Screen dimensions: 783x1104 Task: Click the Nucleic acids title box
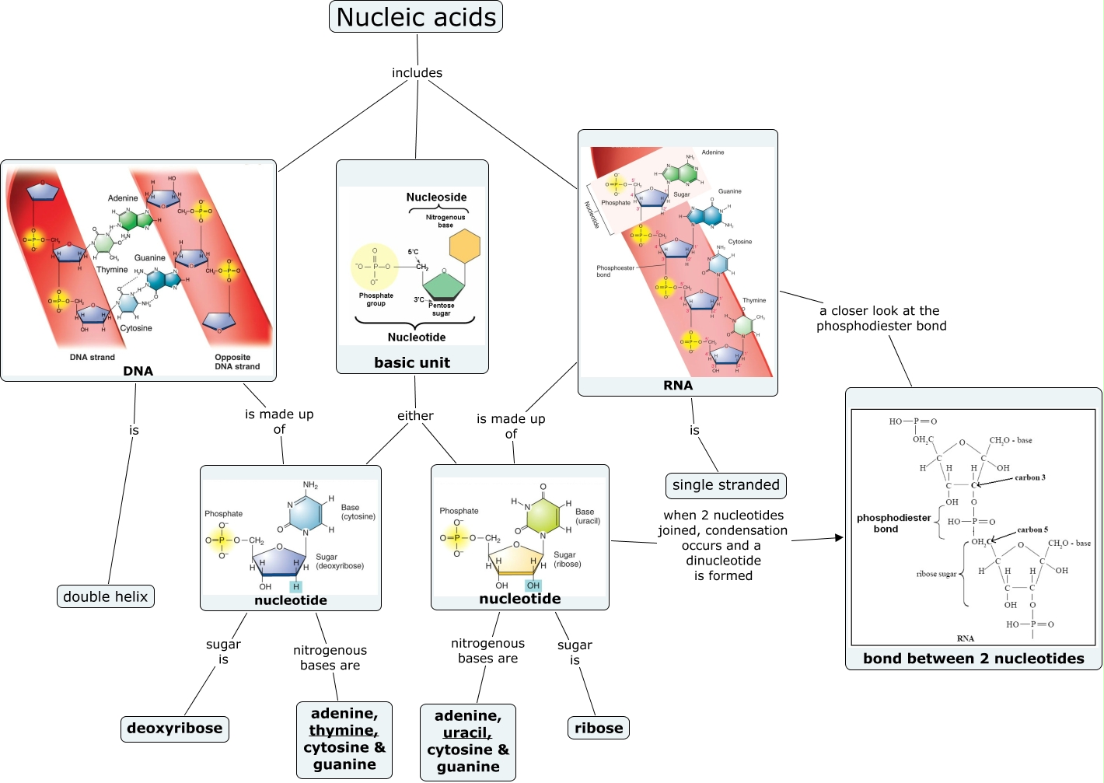(416, 17)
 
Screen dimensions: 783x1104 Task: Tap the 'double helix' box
(106, 596)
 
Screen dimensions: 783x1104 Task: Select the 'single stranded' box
(726, 485)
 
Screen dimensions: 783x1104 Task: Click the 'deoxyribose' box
(175, 729)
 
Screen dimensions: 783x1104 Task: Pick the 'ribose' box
(599, 729)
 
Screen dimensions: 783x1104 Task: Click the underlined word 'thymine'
(342, 731)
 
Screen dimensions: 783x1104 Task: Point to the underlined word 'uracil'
(466, 733)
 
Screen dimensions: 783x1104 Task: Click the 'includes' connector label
(417, 73)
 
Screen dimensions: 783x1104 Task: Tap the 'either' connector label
(415, 416)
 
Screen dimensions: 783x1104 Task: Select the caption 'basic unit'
(412, 362)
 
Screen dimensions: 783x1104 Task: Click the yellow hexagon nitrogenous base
(465, 246)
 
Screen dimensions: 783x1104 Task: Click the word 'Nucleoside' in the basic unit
(436, 197)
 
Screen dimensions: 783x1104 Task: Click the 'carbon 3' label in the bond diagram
(1029, 477)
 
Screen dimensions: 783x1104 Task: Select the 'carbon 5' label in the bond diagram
(1032, 530)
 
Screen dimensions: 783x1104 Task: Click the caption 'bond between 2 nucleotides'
(973, 659)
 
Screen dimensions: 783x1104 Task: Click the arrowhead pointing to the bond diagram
(839, 537)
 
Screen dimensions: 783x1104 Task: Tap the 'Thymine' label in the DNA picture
(112, 270)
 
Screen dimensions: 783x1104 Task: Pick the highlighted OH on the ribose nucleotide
(533, 586)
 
